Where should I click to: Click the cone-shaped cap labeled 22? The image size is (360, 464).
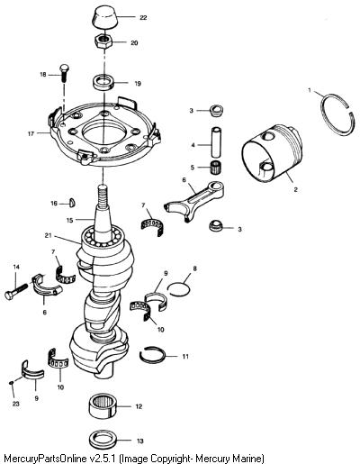(104, 18)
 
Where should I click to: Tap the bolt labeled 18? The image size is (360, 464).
(64, 72)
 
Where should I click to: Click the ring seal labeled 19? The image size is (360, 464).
(103, 83)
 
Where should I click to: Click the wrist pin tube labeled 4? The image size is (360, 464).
(216, 142)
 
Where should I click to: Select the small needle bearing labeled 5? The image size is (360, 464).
(215, 167)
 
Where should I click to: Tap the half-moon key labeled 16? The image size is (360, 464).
(72, 203)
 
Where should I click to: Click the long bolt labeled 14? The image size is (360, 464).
(16, 291)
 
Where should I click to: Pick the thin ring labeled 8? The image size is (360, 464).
(179, 289)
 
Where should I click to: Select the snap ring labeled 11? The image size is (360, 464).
(152, 356)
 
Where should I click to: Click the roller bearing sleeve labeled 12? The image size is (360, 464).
(103, 406)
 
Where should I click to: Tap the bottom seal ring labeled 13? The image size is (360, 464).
(103, 441)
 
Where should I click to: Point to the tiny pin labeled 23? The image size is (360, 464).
(11, 383)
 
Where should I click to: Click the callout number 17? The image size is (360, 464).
(31, 134)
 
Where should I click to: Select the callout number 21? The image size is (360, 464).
(49, 235)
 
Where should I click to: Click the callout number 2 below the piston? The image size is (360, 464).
(296, 189)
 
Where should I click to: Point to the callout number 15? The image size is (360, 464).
(69, 220)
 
